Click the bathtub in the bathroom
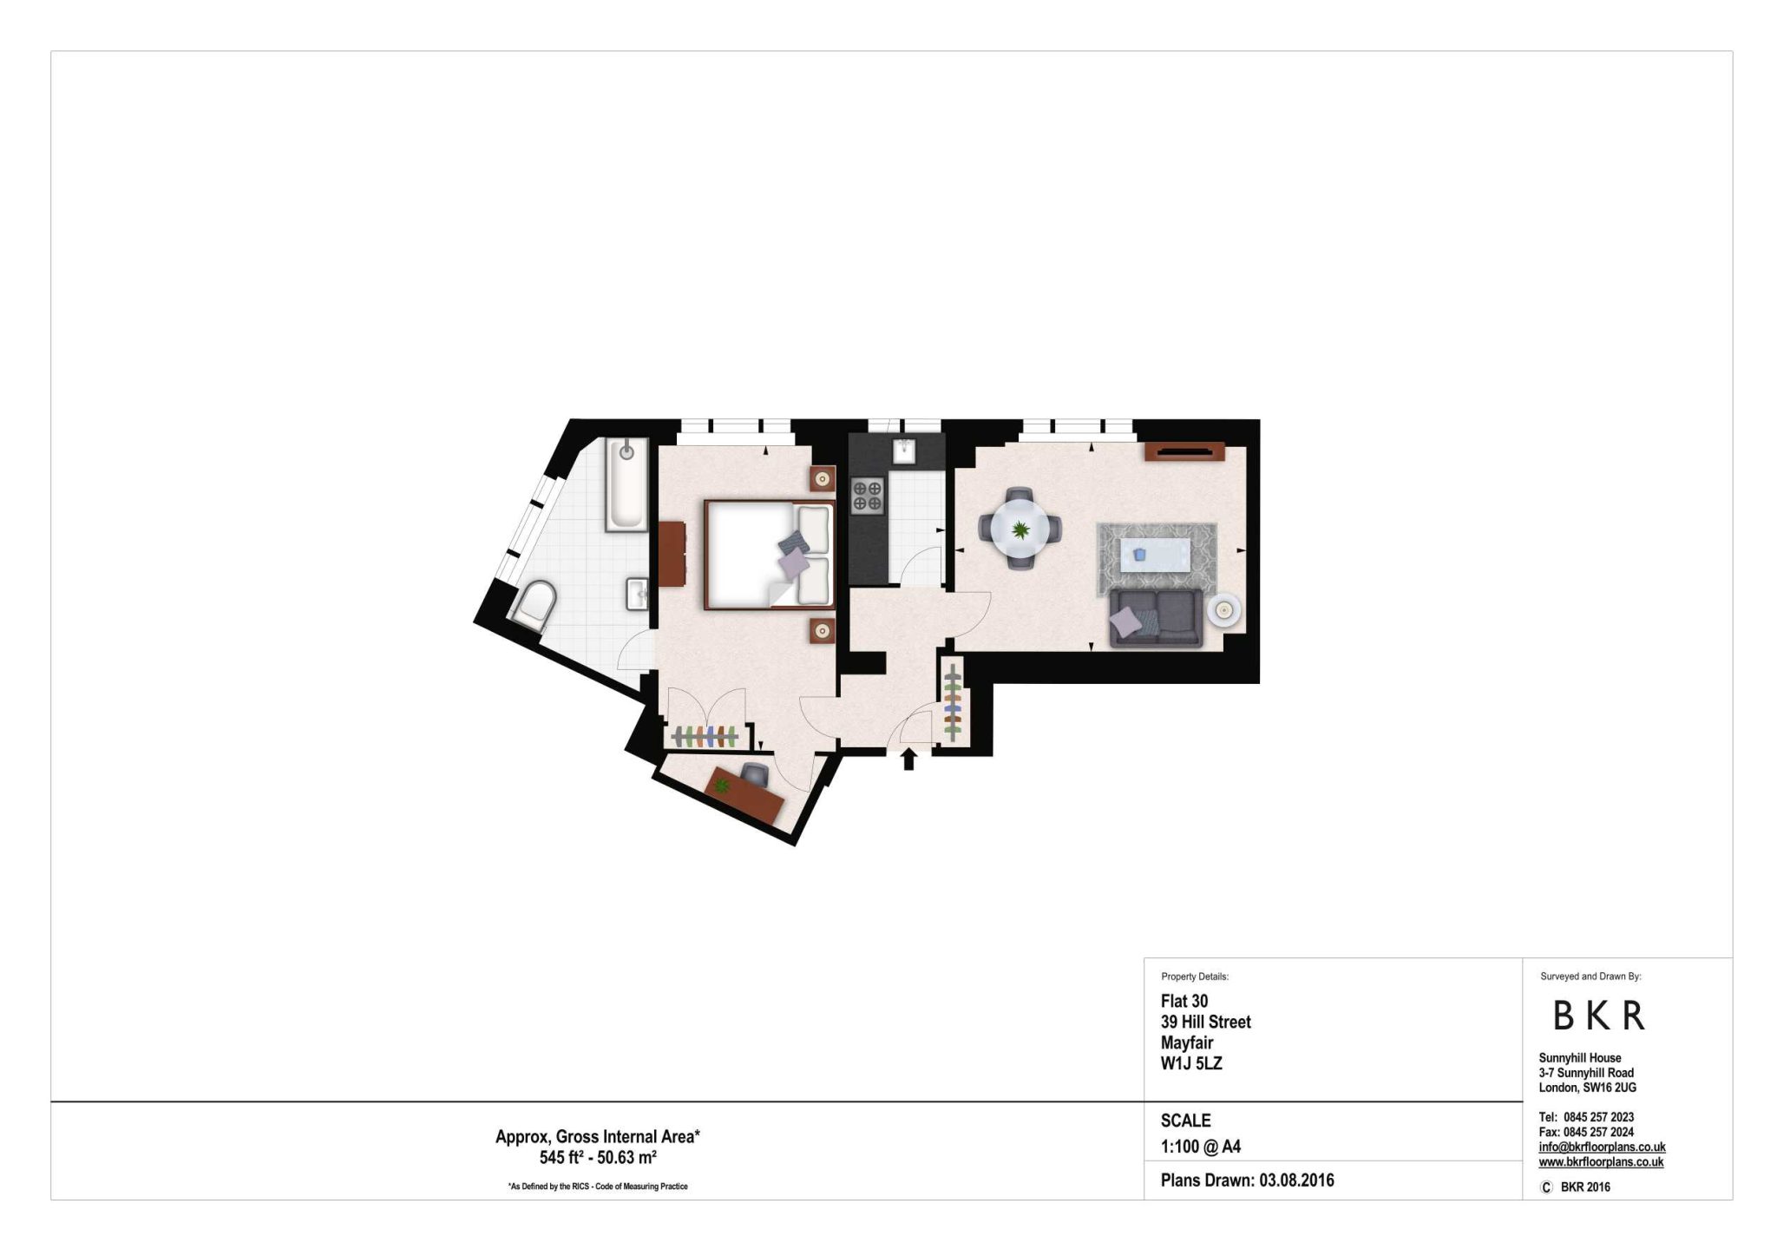tap(626, 483)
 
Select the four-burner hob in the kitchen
tap(868, 496)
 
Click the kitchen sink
tap(906, 451)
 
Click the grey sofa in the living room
tap(1156, 618)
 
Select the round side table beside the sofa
tap(1223, 611)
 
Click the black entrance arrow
tap(908, 760)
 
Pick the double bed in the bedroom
tap(770, 554)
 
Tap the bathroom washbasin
tap(637, 595)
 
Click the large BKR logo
tap(1598, 1016)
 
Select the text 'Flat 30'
tap(1184, 1001)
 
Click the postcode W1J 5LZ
tap(1191, 1063)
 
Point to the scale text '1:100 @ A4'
tap(1201, 1147)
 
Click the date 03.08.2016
tap(1296, 1180)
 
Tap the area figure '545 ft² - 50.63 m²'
tap(598, 1157)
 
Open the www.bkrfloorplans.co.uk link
tap(1601, 1162)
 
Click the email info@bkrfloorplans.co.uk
tap(1602, 1147)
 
